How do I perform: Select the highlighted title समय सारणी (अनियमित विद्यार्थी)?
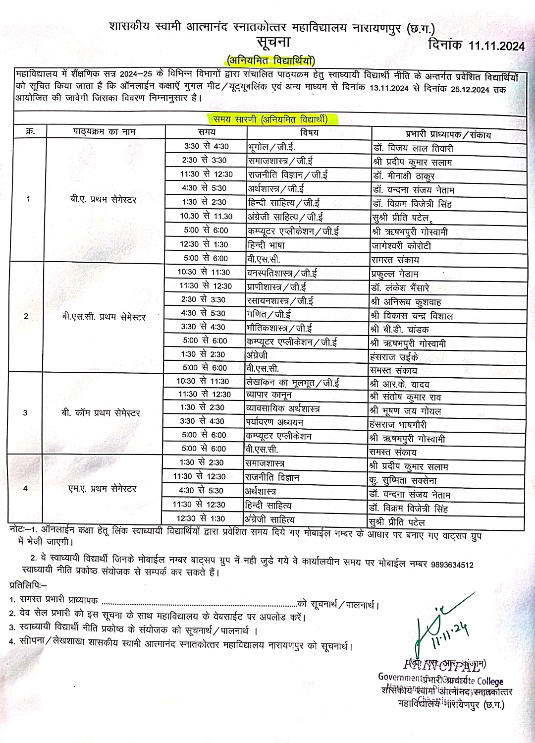270,119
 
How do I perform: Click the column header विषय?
310,132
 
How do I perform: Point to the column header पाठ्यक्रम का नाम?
104,132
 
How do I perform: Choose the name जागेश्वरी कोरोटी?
401,245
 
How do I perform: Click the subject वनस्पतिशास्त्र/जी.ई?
282,273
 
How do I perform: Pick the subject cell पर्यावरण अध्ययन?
274,422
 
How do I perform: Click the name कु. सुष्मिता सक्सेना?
403,480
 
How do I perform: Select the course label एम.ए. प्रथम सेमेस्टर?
102,489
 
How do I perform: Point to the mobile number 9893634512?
452,564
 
